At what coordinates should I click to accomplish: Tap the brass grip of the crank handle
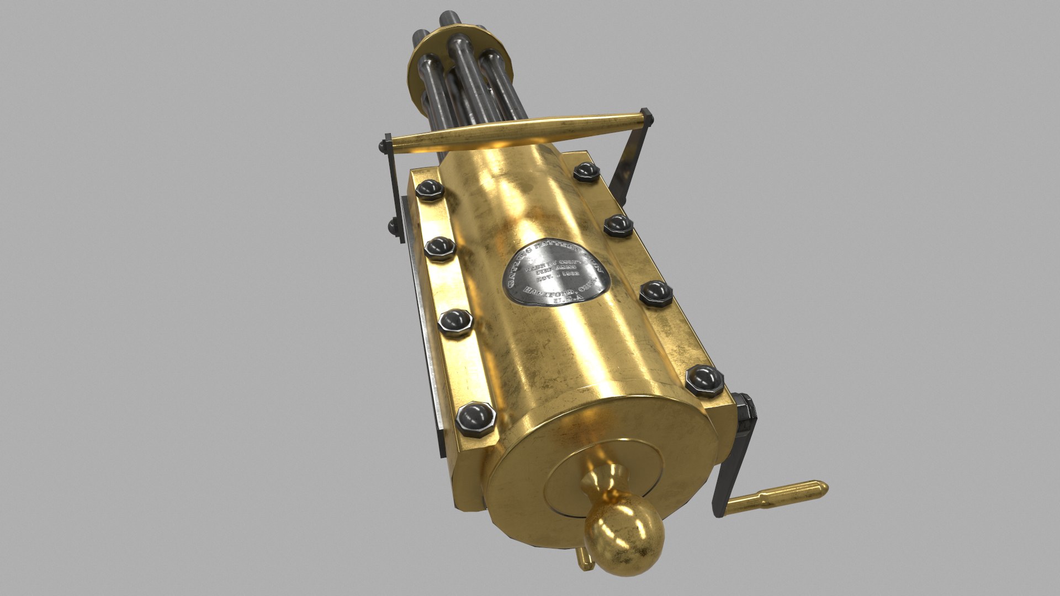click(778, 494)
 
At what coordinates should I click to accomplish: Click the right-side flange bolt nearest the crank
click(704, 380)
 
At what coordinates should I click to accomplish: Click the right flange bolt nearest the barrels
click(586, 172)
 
